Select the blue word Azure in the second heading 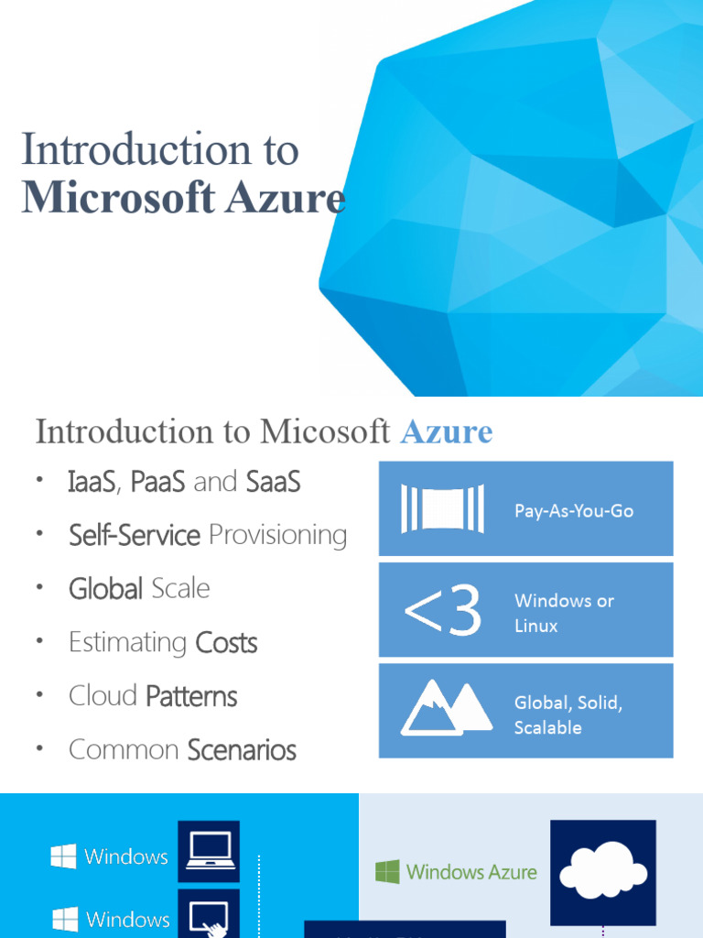point(447,431)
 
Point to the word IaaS point(92,482)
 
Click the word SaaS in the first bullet point(274,482)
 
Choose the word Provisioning point(277,535)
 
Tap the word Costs point(226,643)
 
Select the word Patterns point(191,696)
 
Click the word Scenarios point(242,750)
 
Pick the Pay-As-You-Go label point(574,510)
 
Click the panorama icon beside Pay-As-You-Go point(442,509)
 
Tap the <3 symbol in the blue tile point(442,611)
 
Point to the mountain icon point(446,709)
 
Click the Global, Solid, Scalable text point(568,715)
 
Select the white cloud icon point(603,871)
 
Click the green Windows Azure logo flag point(387,871)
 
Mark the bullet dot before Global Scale point(40,587)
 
